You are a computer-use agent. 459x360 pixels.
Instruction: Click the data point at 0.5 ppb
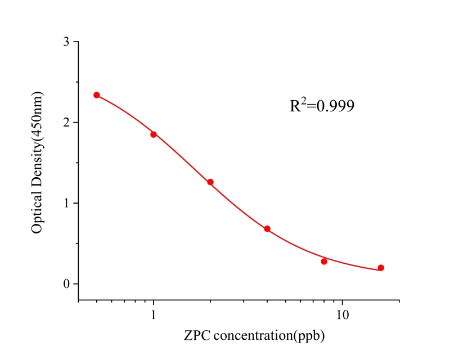pyautogui.click(x=97, y=95)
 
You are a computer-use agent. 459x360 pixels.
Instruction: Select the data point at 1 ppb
pyautogui.click(x=154, y=134)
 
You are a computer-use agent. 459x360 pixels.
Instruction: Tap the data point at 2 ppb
pyautogui.click(x=210, y=182)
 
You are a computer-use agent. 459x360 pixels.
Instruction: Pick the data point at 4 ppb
pyautogui.click(x=267, y=229)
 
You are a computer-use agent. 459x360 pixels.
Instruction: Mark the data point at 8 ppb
pyautogui.click(x=324, y=262)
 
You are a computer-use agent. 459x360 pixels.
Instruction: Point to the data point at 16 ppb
pyautogui.click(x=381, y=268)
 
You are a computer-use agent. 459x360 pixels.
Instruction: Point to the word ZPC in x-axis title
pyautogui.click(x=196, y=336)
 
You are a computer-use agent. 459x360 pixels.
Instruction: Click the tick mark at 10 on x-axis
pyautogui.click(x=343, y=303)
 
